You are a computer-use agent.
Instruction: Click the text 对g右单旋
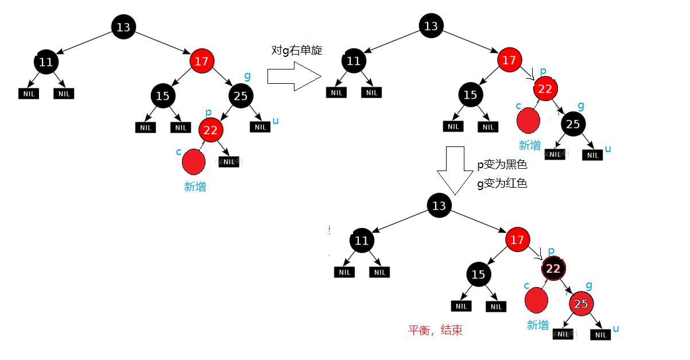[297, 50]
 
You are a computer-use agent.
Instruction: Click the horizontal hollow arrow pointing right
[294, 76]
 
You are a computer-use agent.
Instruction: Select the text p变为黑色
[502, 165]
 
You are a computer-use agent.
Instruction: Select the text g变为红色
[502, 184]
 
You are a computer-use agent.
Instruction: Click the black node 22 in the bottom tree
[553, 268]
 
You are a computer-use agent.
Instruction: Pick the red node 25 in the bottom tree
[581, 304]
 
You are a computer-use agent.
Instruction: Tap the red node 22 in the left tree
[211, 130]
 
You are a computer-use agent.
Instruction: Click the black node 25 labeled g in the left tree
[241, 96]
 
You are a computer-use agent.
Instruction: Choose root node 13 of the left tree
[123, 27]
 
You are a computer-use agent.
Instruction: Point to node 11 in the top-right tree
[354, 61]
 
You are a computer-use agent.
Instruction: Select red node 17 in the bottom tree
[517, 239]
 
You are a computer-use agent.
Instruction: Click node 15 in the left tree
[162, 96]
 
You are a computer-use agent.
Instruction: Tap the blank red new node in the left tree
[193, 162]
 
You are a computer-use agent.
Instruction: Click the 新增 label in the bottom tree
[537, 325]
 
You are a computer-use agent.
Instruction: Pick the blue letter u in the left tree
[276, 121]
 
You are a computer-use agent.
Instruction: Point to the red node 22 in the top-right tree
[545, 88]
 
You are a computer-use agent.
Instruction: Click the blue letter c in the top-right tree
[519, 105]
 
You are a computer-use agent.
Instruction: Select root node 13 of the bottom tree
[439, 206]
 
